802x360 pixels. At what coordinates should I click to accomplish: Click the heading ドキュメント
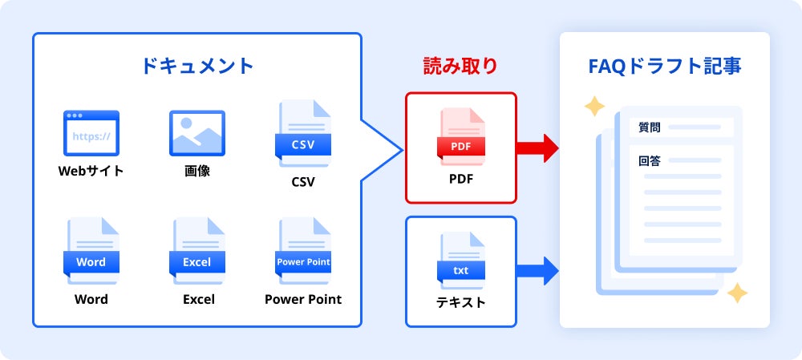coord(196,66)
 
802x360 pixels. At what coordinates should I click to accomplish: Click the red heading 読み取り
coord(460,66)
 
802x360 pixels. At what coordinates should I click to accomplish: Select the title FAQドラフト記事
coord(665,66)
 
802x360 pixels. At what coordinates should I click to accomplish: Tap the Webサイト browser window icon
coord(91,133)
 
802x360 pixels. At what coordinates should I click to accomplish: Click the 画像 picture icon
coord(196,133)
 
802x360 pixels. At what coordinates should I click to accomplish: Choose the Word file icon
coord(91,250)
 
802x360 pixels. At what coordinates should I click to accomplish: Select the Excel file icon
coord(196,250)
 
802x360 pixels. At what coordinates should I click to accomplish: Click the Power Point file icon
coord(303,250)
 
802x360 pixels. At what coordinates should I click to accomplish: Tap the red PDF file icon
coord(461,136)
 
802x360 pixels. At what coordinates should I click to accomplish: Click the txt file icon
coord(461,261)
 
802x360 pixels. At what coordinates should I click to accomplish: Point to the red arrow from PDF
coord(537,148)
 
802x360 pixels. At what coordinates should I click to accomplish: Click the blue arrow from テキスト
coord(537,271)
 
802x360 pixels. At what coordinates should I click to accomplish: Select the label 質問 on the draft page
coord(650,127)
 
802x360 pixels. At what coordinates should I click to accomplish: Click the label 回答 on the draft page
coord(650,160)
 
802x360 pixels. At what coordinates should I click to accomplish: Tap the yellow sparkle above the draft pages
coord(593,107)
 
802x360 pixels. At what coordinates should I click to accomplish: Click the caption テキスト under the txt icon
coord(461,302)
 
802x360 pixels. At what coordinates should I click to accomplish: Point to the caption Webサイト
coord(91,171)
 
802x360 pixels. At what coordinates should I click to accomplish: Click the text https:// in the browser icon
coord(91,136)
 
